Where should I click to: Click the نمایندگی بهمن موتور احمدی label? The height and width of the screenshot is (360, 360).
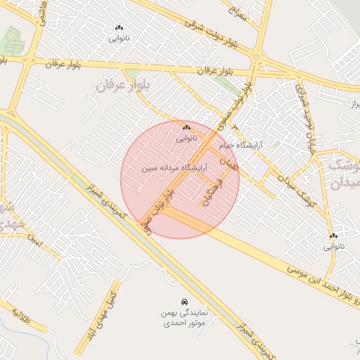(x=184, y=319)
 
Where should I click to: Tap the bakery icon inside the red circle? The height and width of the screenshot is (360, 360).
(x=186, y=127)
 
